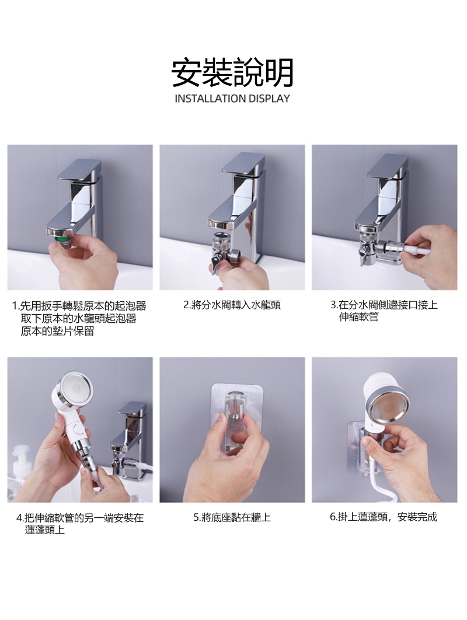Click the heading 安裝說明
(232, 73)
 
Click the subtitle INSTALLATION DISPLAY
(232, 99)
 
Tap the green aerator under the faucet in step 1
(62, 239)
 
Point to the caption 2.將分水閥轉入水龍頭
(232, 305)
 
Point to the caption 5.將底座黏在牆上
(232, 517)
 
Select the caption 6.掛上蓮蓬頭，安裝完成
(384, 517)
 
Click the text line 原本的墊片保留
(57, 331)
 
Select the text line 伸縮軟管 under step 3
(358, 317)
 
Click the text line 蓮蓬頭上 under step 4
(45, 530)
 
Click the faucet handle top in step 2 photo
(243, 163)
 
